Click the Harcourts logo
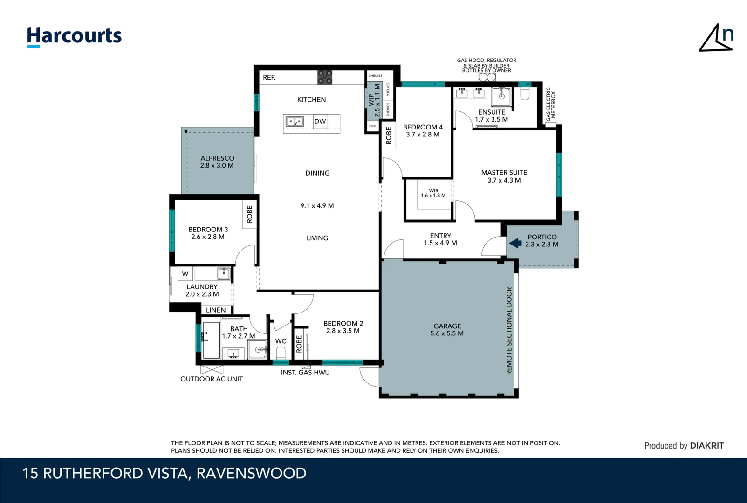74,36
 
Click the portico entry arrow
515,243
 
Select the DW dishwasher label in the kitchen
320,122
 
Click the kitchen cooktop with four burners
325,77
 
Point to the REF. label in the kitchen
269,78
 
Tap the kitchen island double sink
295,122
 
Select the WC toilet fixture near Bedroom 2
281,352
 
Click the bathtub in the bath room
211,340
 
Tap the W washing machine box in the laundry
185,274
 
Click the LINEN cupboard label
216,310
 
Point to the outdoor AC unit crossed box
212,370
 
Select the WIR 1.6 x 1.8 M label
433,193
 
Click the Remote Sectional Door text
509,331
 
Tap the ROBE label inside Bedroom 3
249,214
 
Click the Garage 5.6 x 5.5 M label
447,330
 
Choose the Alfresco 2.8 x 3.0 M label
217,162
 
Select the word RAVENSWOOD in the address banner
251,473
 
